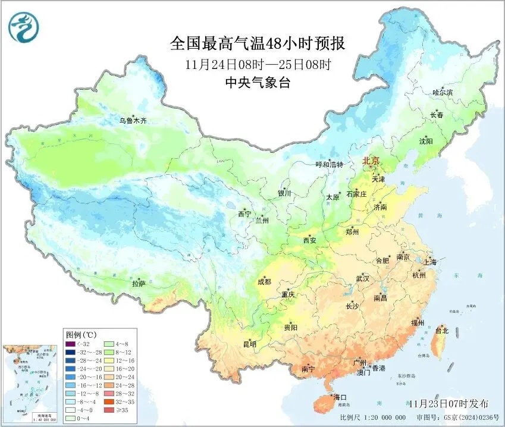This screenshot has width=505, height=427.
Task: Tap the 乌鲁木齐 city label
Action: tap(132, 121)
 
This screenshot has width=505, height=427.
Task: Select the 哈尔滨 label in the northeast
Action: tap(443, 92)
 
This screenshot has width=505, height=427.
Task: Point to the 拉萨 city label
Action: tap(139, 284)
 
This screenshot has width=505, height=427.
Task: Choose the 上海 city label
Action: tap(429, 262)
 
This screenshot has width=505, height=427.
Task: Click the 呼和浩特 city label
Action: tap(329, 165)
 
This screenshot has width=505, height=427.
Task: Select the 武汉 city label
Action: tap(362, 278)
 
